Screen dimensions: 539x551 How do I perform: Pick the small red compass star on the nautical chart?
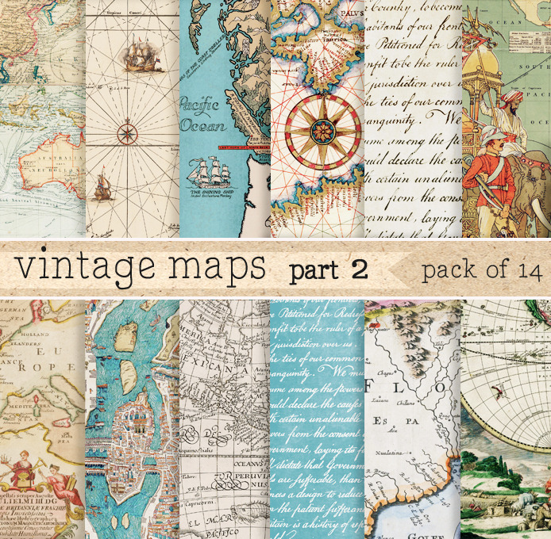click(128, 128)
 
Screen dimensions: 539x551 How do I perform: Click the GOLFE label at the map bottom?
click(415, 529)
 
